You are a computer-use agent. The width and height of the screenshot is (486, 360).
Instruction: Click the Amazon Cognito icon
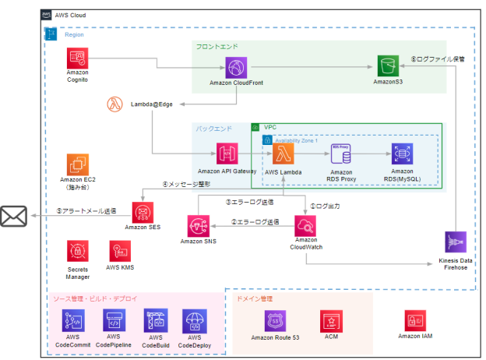(77, 58)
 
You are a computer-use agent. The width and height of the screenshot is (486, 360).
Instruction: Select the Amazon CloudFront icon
(235, 67)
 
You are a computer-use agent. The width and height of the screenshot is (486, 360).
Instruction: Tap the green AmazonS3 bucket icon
(384, 67)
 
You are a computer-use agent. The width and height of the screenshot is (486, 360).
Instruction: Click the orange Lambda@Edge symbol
(114, 104)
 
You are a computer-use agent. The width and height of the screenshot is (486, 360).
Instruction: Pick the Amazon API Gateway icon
(227, 154)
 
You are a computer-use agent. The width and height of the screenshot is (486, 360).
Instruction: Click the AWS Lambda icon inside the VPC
(283, 154)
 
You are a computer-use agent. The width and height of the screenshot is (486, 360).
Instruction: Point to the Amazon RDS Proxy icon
(342, 154)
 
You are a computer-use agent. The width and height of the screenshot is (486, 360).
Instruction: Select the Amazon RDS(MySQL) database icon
(402, 154)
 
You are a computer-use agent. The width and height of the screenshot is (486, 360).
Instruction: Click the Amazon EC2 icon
(77, 165)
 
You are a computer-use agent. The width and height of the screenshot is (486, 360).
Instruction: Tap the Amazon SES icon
(143, 212)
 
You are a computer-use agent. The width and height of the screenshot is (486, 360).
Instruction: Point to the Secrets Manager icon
(77, 251)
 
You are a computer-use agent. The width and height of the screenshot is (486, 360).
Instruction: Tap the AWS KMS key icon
(121, 251)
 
